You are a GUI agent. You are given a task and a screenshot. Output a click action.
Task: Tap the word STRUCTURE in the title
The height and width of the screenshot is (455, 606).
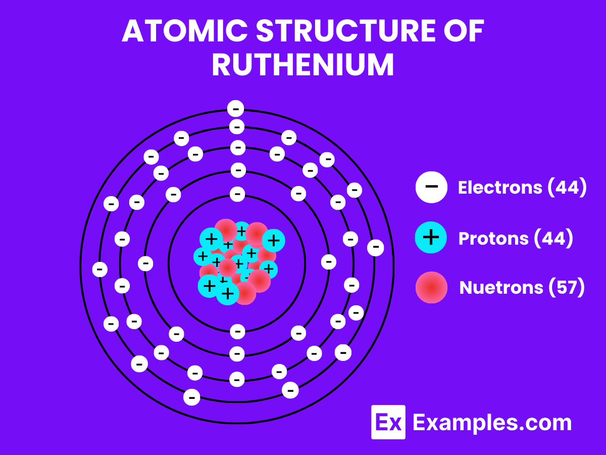344,32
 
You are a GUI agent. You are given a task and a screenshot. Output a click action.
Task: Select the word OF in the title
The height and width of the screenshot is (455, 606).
464,32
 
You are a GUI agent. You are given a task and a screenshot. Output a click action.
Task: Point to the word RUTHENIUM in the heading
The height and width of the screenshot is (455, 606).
302,65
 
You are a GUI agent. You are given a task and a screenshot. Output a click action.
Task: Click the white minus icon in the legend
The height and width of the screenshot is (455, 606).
431,187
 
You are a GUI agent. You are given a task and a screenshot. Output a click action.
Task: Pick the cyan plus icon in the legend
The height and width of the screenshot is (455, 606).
431,237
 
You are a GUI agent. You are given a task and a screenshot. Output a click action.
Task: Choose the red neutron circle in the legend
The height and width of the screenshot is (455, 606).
431,287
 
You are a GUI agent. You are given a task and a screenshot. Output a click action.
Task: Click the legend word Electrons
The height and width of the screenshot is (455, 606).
499,188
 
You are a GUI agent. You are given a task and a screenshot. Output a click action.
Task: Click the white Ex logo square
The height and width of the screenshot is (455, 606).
388,422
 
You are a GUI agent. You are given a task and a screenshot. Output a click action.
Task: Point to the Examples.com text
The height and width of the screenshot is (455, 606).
492,423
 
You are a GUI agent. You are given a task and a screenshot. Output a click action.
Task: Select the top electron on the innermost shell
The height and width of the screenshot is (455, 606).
237,194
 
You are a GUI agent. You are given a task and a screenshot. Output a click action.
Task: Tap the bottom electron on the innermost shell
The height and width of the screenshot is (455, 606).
237,332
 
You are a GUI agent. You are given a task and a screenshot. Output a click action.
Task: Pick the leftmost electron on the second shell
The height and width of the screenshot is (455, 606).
146,263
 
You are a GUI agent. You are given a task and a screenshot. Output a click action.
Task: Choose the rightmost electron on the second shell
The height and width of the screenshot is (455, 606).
329,262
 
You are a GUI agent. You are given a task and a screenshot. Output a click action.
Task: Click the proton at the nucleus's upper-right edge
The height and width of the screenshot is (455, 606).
273,240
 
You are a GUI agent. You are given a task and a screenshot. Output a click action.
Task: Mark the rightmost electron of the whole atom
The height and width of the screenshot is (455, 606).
375,247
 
